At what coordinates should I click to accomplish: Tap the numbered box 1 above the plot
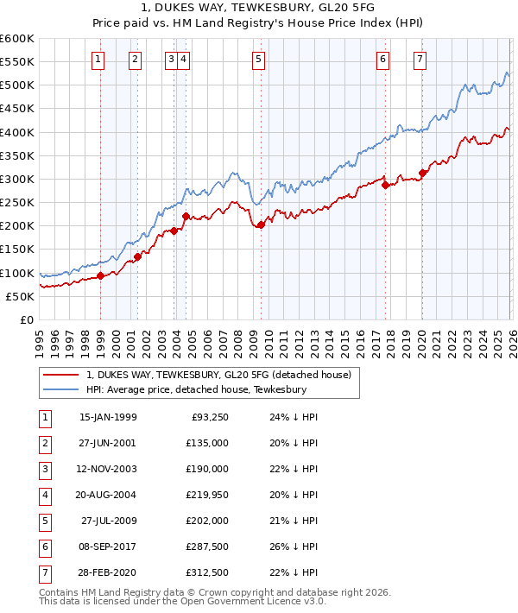(98, 60)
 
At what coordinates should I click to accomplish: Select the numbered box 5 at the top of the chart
(259, 60)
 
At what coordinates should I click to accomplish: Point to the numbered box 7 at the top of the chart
(420, 60)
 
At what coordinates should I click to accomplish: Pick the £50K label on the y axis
(21, 296)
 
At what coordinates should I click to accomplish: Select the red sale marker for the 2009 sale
(261, 225)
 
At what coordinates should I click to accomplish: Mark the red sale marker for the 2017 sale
(385, 185)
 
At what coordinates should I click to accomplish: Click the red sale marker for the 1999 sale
(100, 276)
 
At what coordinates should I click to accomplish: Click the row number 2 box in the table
(43, 443)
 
